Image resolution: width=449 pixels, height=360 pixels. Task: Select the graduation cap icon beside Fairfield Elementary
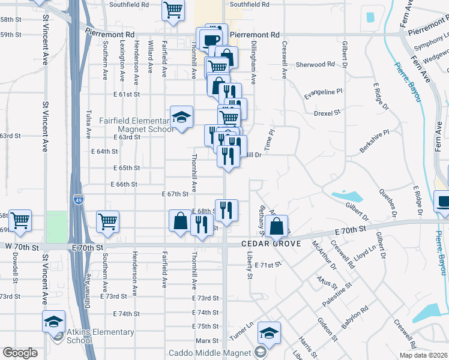tap(181, 117)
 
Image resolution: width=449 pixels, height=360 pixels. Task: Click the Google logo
tap(20, 353)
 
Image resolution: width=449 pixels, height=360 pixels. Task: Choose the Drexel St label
tap(327, 112)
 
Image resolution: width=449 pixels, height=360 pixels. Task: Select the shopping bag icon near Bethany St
tap(277, 226)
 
